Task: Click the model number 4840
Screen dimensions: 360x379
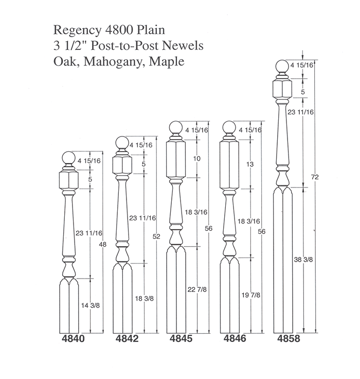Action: click(x=74, y=339)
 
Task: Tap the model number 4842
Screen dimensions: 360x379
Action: click(x=127, y=339)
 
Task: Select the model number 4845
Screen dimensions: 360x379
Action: click(x=181, y=338)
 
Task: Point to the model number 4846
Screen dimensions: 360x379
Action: click(x=235, y=338)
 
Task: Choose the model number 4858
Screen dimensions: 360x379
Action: click(x=289, y=338)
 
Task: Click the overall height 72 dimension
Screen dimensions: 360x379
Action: click(x=315, y=177)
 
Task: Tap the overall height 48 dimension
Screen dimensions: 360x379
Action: click(x=103, y=245)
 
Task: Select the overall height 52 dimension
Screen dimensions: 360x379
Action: click(x=156, y=236)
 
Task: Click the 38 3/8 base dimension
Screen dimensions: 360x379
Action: click(x=303, y=260)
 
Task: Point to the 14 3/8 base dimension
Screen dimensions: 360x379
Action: click(x=91, y=305)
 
